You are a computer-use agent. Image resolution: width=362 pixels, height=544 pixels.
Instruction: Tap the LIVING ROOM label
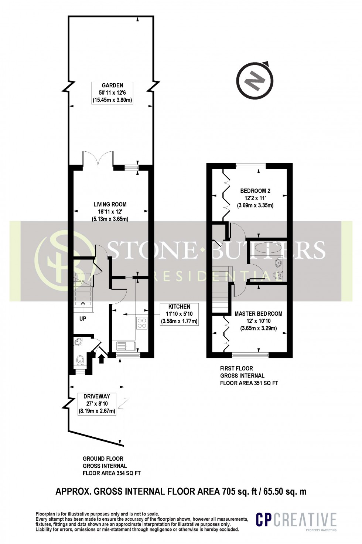point(110,204)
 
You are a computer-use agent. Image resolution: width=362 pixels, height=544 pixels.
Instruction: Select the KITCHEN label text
point(179,306)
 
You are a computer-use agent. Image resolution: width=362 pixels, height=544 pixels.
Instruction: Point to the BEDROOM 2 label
point(255,191)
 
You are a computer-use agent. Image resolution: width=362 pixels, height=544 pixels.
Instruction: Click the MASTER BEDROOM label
point(258,313)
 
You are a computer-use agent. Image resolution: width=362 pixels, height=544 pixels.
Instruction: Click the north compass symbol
point(255,80)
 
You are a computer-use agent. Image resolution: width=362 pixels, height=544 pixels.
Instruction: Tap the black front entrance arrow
point(102,358)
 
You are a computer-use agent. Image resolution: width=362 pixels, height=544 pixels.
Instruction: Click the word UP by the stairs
point(82,318)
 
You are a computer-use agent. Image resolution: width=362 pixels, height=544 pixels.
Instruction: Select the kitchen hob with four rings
point(142,323)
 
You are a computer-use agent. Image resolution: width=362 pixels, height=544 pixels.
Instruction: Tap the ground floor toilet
point(80,360)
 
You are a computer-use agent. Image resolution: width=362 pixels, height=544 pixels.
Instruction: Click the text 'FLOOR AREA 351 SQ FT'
point(249,383)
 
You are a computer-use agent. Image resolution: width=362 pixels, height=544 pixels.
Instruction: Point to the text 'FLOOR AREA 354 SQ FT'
point(111,473)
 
